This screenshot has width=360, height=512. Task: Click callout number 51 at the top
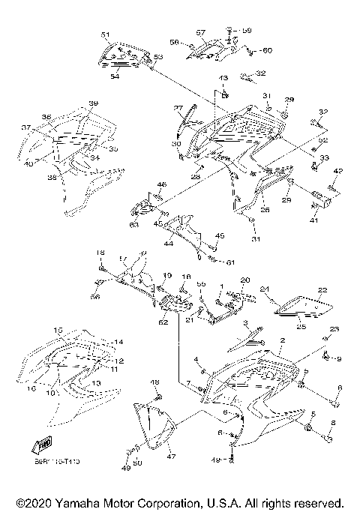106,35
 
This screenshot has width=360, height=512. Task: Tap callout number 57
201,32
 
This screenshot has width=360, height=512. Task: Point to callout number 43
223,78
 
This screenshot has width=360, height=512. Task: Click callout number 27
178,108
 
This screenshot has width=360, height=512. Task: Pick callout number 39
94,103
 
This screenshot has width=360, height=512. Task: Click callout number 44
169,244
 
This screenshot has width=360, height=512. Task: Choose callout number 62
163,322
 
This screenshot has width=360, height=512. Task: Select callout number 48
156,383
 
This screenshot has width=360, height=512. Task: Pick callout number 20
244,280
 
